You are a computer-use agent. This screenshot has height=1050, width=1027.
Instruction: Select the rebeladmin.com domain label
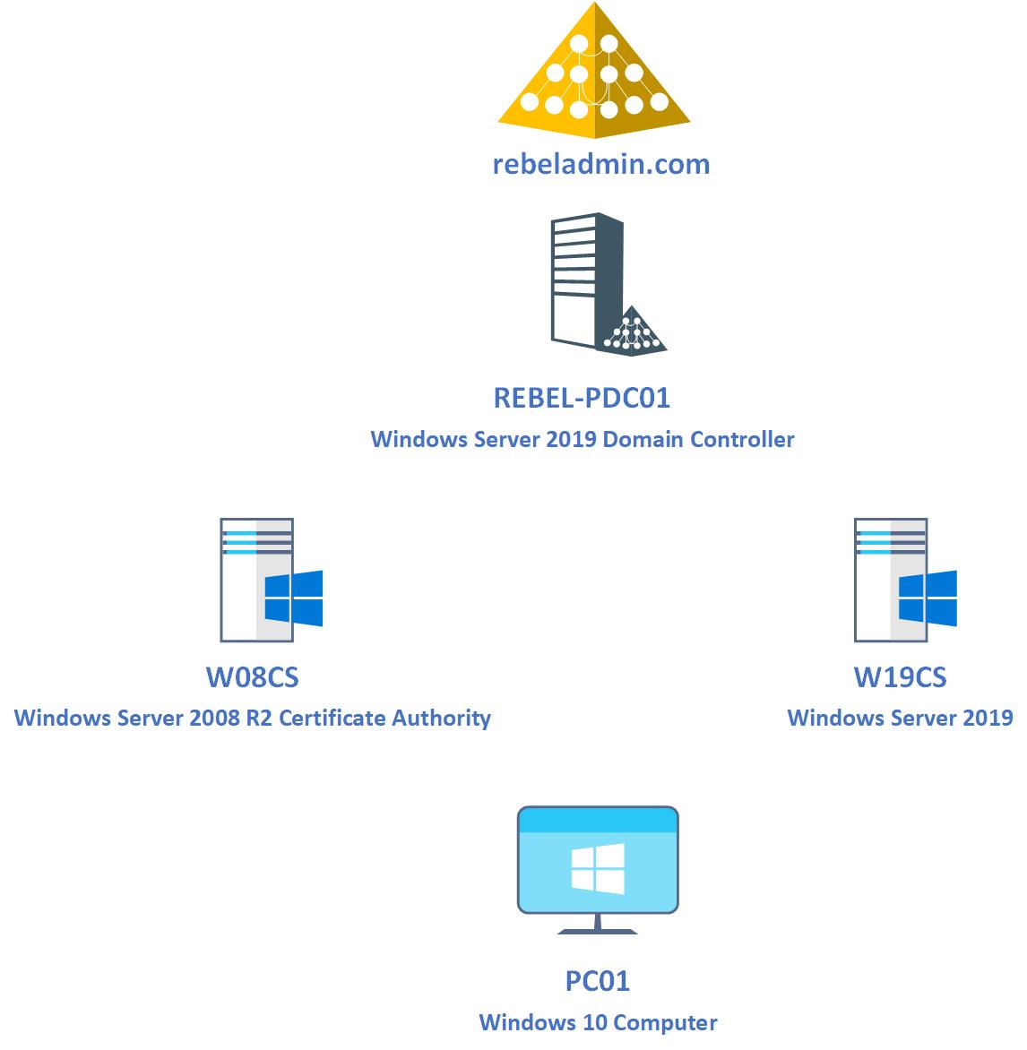[x=600, y=164]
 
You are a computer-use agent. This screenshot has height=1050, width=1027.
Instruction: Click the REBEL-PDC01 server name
[x=582, y=397]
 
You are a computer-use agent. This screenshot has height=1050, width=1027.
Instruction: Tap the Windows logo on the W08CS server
[x=294, y=598]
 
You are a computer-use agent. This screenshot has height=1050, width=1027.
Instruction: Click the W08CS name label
[x=252, y=677]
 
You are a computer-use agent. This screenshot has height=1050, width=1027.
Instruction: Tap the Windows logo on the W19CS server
[x=928, y=598]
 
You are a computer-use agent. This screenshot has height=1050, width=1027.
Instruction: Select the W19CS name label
[x=900, y=677]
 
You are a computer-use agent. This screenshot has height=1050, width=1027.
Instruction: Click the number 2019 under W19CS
[x=988, y=719]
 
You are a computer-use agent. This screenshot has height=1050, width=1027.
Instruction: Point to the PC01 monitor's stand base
[x=598, y=930]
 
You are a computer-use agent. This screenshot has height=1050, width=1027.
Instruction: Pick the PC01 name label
[x=598, y=981]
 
